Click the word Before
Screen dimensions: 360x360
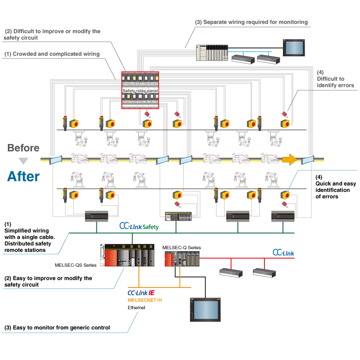click(x=24, y=148)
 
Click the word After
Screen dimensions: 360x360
click(x=23, y=176)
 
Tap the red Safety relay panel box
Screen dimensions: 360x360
click(x=140, y=90)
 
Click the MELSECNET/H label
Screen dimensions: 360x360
click(x=145, y=300)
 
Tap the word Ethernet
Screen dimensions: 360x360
click(x=137, y=307)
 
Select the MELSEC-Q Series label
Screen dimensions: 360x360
click(x=182, y=248)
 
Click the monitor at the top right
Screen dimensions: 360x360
click(x=293, y=48)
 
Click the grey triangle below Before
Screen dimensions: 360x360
click(x=24, y=161)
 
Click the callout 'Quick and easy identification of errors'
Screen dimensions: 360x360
click(x=336, y=187)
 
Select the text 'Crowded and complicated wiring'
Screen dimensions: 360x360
click(x=52, y=54)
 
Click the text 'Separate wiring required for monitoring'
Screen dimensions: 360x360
click(x=251, y=22)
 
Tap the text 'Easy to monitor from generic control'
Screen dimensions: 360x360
click(x=57, y=328)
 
